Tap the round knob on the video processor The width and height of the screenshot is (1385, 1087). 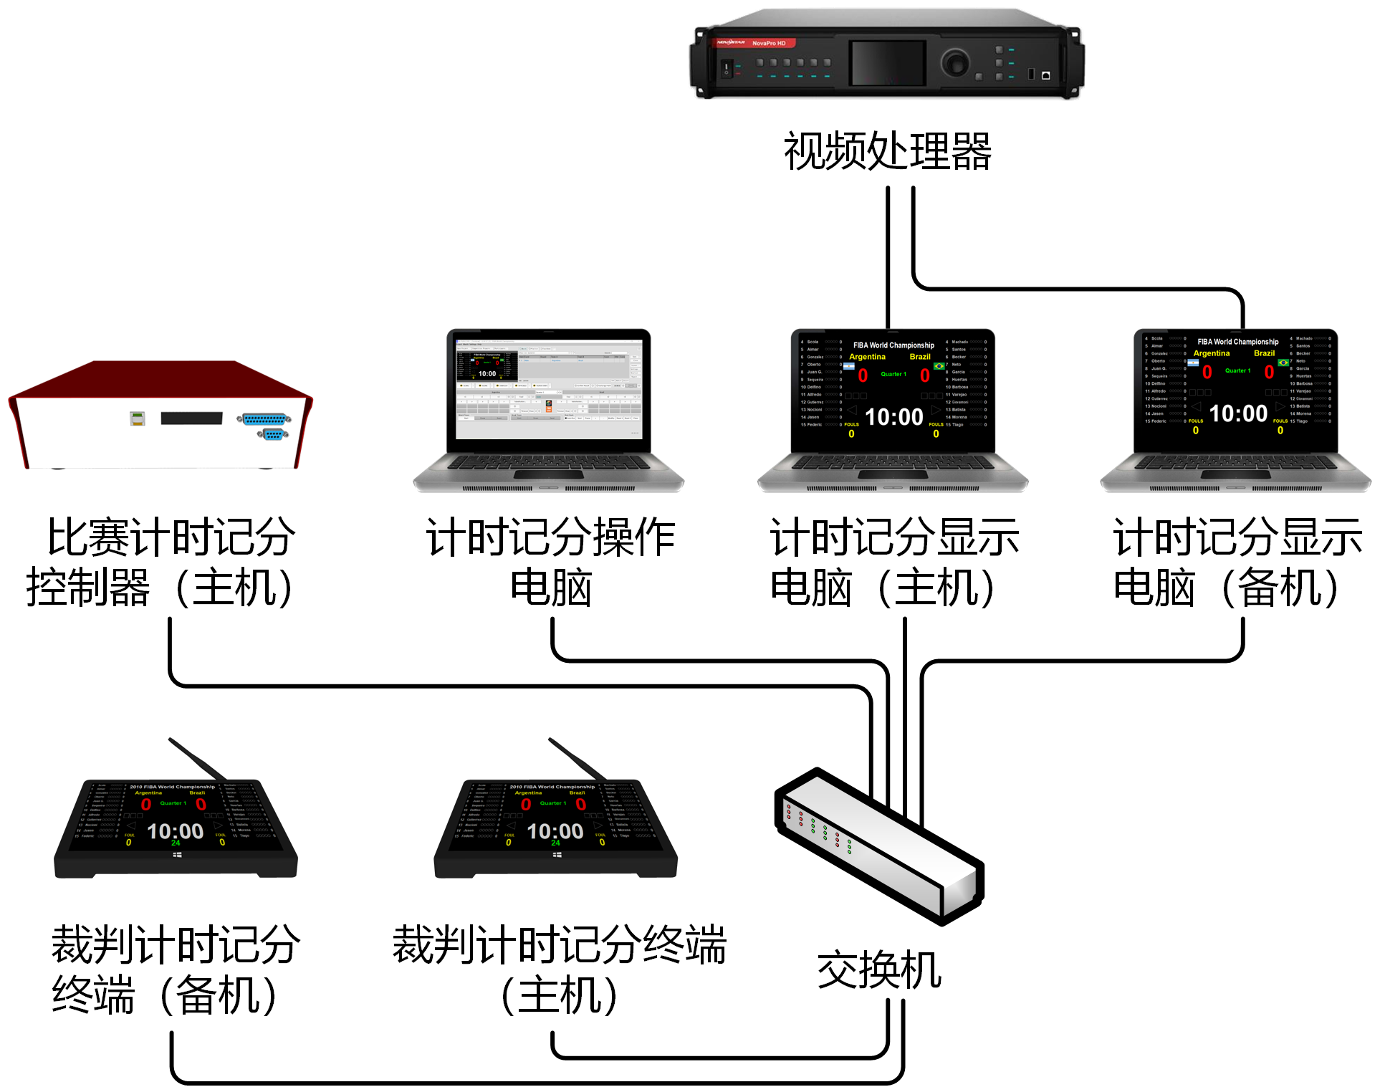(x=955, y=62)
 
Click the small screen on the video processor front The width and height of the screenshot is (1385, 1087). (x=888, y=62)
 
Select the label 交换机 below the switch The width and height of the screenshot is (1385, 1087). (x=879, y=970)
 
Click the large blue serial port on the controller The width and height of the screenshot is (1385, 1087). (x=264, y=418)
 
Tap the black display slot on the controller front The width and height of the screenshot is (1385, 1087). (x=191, y=418)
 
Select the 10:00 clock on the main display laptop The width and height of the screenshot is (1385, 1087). (x=893, y=417)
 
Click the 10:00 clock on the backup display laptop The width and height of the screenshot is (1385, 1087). (x=1237, y=413)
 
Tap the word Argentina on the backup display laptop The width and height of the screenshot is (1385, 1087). (x=1211, y=353)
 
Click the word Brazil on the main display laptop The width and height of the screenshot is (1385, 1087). (x=919, y=357)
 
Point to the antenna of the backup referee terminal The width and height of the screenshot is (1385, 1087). (x=197, y=758)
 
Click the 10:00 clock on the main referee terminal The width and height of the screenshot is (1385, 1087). (x=555, y=831)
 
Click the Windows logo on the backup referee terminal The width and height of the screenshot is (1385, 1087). (x=177, y=855)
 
